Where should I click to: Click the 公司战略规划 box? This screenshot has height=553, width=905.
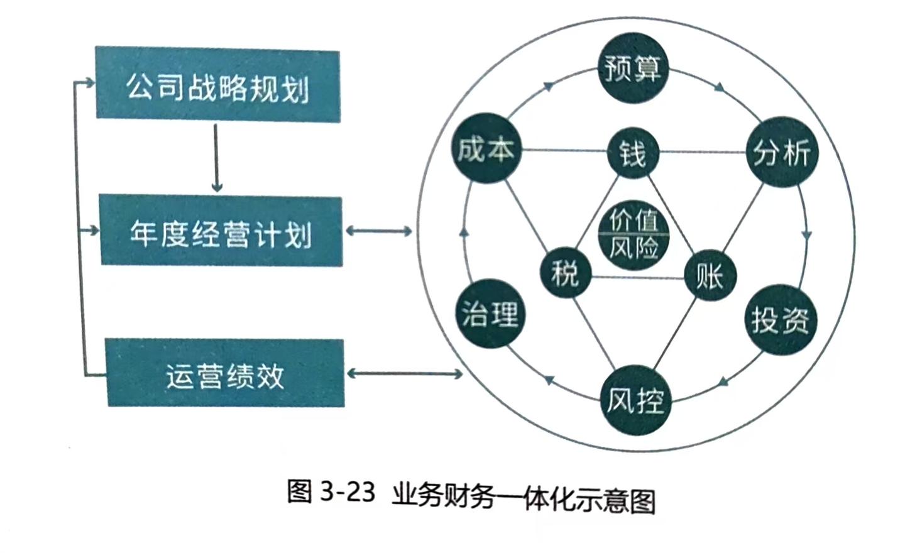coord(217,85)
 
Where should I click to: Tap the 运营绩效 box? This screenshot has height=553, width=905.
coord(225,373)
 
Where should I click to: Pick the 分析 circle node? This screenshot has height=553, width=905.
coord(781,151)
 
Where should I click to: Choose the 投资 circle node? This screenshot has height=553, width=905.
coord(780,319)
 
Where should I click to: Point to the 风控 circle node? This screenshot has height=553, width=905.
coord(635,400)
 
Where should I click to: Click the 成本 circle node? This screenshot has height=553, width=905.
coord(485,149)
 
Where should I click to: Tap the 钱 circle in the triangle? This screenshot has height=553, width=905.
coord(632,153)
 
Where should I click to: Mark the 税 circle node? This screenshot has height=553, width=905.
coord(565,273)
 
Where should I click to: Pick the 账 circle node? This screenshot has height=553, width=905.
coord(710,275)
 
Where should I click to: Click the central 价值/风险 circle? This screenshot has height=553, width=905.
coord(633,234)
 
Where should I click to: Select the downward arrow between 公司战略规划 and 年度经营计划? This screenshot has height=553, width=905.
coord(217,157)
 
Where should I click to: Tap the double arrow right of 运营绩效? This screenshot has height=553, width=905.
coord(405,374)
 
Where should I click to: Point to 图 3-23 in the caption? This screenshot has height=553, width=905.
coord(331,491)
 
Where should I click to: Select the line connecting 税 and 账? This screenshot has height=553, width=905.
coord(637,277)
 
